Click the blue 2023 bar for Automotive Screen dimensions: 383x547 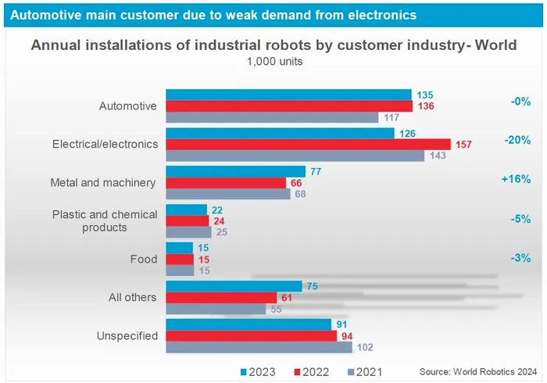tap(289, 95)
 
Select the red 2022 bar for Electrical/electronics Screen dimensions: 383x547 tap(309, 144)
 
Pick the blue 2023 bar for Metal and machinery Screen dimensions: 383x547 tap(236, 171)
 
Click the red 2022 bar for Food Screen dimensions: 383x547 tap(181, 259)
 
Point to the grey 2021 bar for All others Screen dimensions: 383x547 tap(216, 309)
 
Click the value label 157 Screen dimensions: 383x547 tap(463, 144)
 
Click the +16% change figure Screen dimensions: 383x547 tap(517, 179)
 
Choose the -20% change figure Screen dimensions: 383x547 tap(517, 140)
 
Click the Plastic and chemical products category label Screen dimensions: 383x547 tap(105, 220)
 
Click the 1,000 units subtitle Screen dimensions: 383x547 tap(273, 61)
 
